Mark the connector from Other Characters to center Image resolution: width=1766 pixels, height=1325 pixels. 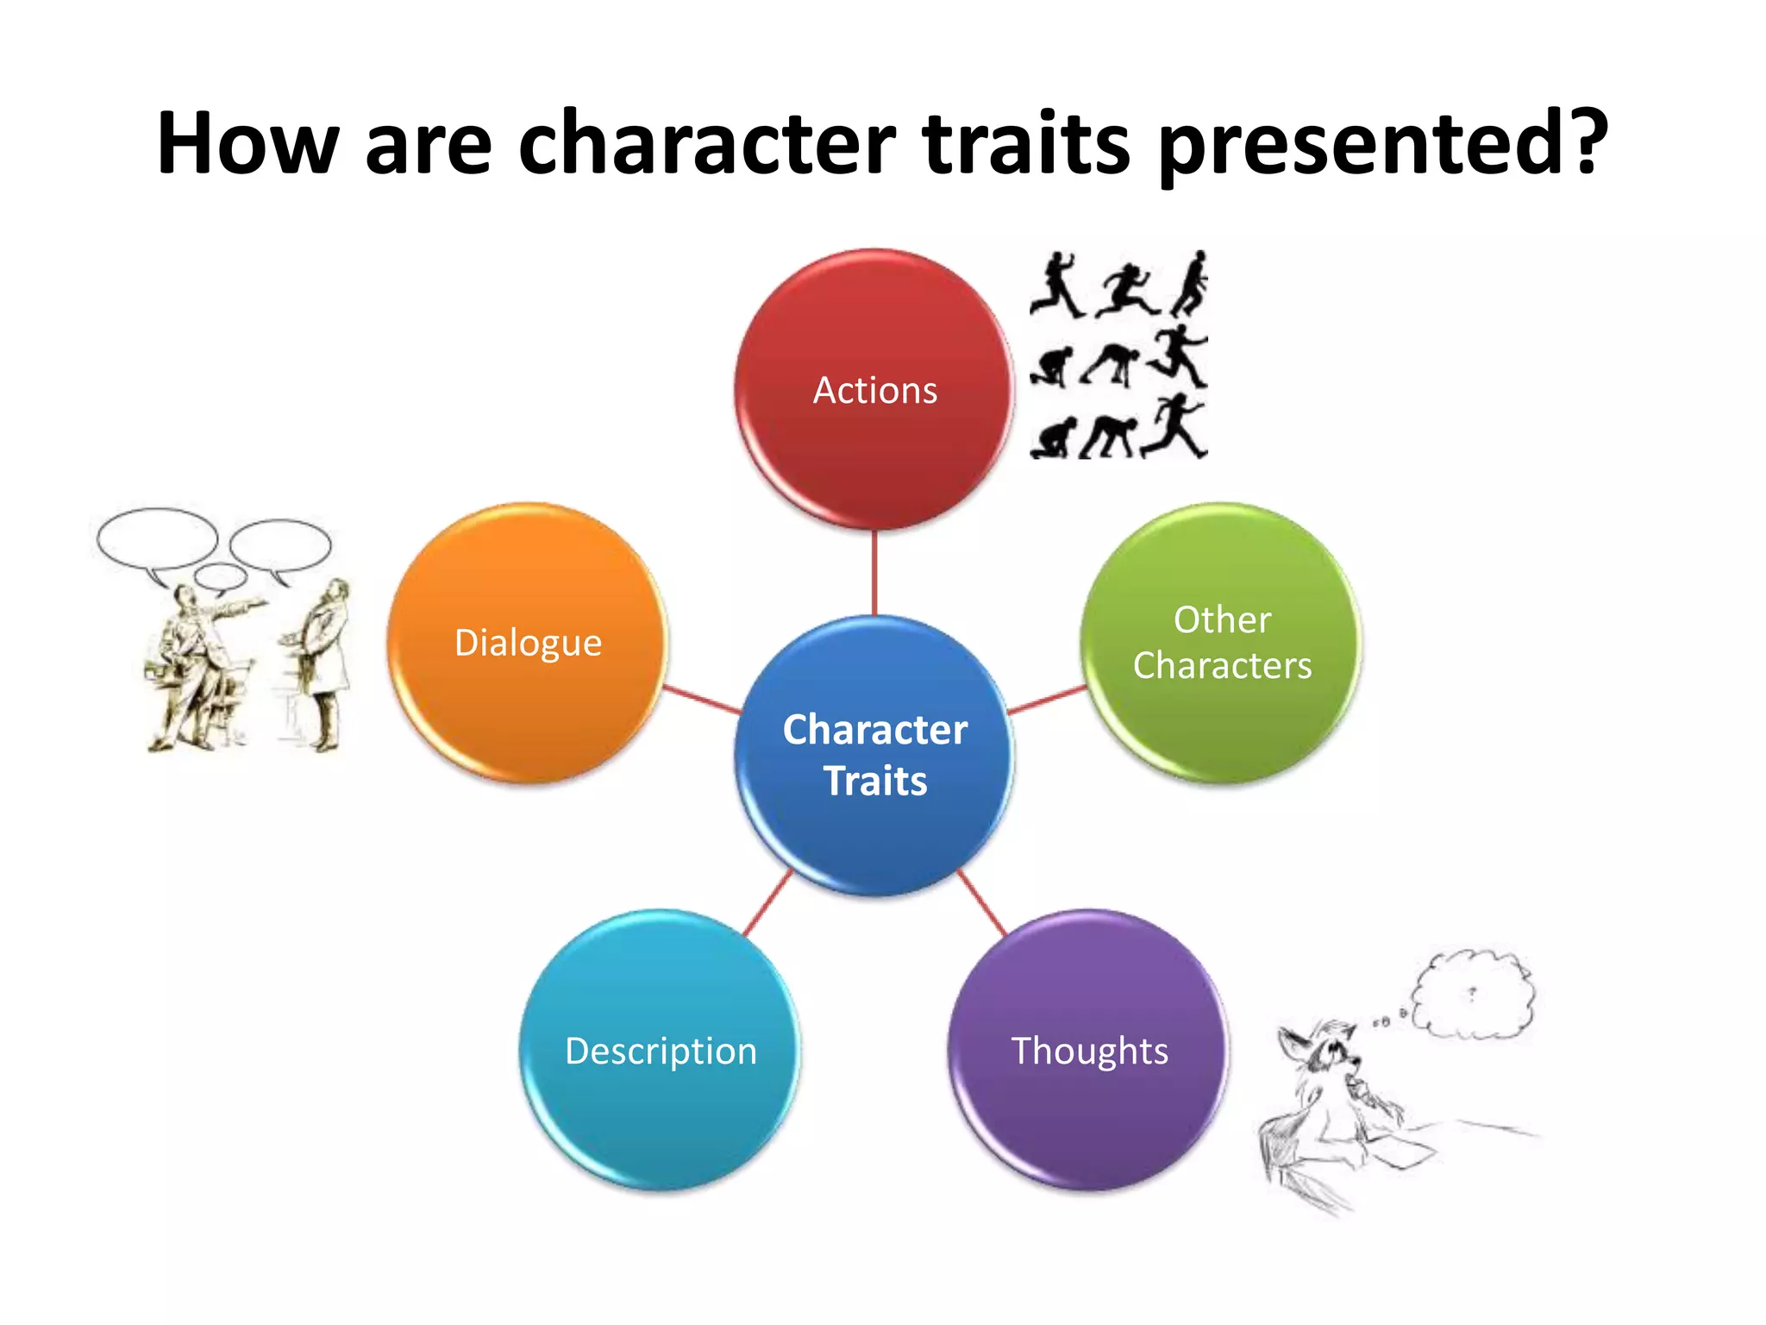1047,700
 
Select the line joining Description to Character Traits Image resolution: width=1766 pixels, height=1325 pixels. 767,903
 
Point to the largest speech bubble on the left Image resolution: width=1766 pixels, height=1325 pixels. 157,539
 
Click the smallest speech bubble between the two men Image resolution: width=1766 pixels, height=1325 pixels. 221,576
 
